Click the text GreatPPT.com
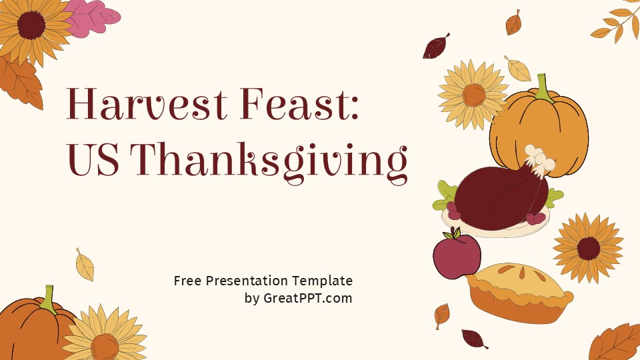click(307, 298)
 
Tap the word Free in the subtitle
click(187, 281)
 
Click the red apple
click(457, 255)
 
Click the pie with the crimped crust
click(519, 293)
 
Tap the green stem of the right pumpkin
click(543, 87)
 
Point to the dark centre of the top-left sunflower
click(31, 25)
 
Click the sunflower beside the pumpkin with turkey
click(473, 95)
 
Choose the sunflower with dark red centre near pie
click(588, 247)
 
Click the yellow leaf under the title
click(85, 265)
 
